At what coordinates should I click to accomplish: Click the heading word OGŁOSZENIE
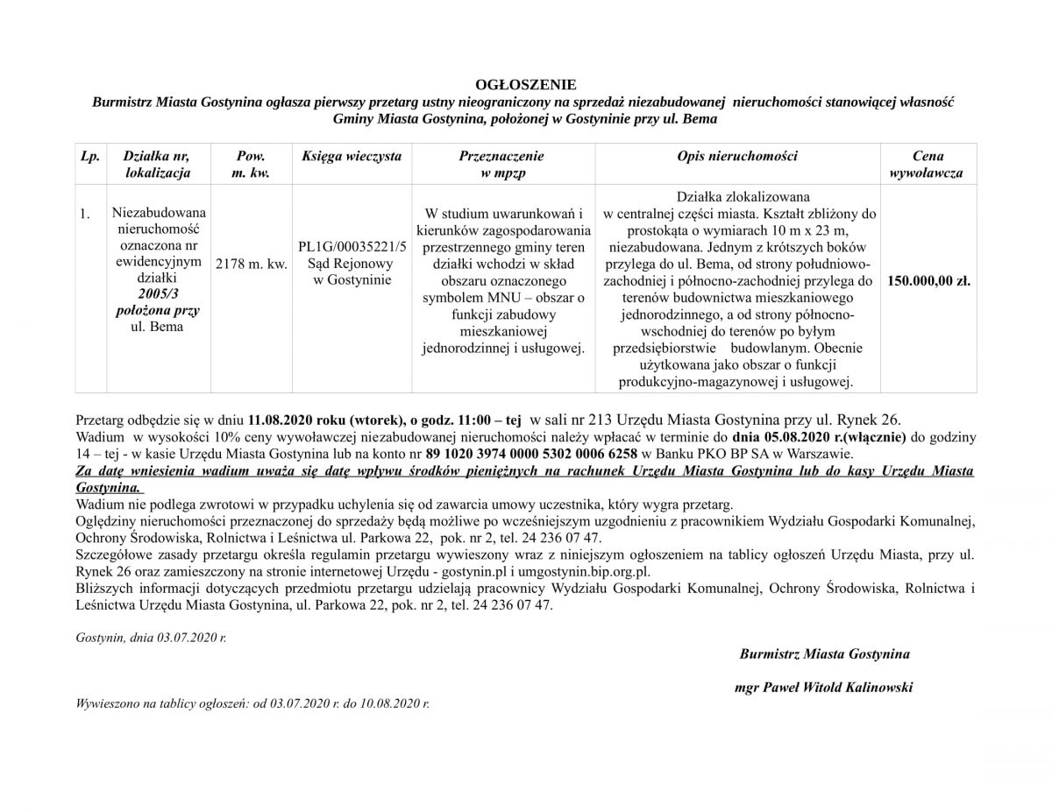coord(525,85)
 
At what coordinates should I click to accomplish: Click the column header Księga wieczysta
coord(351,156)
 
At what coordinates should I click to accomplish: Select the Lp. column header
coord(89,156)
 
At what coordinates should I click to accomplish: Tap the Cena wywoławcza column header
coord(927,164)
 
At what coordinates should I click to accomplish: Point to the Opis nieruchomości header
coord(737,156)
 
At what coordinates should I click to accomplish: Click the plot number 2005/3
coord(157,294)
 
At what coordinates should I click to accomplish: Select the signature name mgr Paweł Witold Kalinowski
coord(823,688)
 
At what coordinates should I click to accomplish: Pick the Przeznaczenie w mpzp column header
coord(501,164)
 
